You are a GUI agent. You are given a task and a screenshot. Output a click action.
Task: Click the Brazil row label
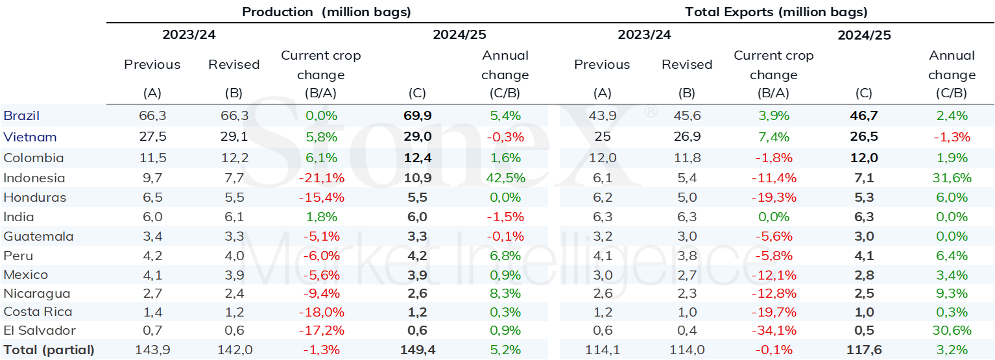coord(21,115)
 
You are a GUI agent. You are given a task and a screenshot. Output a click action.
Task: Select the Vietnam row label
coord(30,137)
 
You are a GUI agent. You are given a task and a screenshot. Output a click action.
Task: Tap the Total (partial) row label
coord(49,350)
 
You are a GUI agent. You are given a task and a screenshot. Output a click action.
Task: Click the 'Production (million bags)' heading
coord(326,12)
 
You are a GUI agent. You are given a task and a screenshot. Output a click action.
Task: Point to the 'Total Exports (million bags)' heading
coord(776,12)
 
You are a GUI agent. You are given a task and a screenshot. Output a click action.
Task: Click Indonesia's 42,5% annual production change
coord(505,178)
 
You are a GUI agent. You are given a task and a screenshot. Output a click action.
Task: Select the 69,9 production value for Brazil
coord(418,115)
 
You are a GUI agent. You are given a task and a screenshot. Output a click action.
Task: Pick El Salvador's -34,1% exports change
coord(774,331)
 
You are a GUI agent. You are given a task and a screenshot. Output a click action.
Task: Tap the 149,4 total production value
coord(418,350)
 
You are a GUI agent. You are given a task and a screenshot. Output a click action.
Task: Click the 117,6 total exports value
coord(864,350)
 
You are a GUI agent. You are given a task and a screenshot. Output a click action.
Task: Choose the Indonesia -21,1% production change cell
coord(321,178)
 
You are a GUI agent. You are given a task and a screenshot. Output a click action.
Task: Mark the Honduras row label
coord(34,197)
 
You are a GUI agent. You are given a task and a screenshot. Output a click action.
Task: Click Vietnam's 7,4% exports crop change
coord(774,137)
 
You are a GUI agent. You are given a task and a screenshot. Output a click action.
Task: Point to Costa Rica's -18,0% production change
coord(321,312)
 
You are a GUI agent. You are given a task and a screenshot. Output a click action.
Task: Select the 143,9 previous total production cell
coord(152,350)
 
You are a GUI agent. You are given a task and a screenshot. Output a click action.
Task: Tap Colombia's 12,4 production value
coord(418,158)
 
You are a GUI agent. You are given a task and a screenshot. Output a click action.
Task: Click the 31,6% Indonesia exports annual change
coord(952,178)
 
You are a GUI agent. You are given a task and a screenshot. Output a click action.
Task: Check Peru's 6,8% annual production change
coord(505,256)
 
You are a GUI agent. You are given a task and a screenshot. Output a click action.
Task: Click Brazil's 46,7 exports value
coord(864,115)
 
